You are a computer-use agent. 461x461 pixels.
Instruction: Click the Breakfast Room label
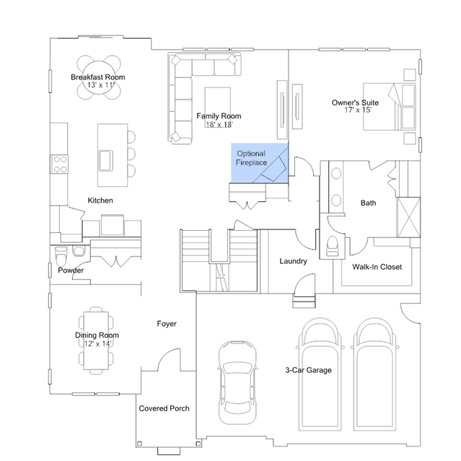(98, 77)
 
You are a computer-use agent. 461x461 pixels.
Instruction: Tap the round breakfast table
(99, 77)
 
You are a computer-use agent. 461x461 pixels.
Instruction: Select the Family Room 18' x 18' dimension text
(219, 124)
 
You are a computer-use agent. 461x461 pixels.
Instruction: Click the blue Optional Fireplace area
(259, 163)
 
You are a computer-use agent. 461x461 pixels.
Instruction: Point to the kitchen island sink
(106, 161)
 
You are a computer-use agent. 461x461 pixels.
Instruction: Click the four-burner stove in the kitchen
(60, 164)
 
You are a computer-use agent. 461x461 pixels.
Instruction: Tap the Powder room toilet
(61, 256)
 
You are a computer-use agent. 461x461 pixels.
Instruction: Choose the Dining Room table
(96, 341)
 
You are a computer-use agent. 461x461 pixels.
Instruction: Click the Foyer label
(167, 324)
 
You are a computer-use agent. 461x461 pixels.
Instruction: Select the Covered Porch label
(164, 408)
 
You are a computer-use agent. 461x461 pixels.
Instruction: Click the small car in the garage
(237, 382)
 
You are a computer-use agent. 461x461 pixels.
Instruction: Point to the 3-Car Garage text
(308, 370)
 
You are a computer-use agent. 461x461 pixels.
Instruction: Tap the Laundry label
(293, 261)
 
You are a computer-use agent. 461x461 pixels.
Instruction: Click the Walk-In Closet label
(377, 267)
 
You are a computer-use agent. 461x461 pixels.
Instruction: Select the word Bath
(368, 203)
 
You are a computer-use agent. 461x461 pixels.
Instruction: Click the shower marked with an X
(408, 217)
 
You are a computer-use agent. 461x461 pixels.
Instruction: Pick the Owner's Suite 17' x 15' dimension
(358, 110)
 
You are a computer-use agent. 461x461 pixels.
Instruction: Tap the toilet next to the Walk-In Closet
(333, 246)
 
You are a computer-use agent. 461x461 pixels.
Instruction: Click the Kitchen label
(100, 201)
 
